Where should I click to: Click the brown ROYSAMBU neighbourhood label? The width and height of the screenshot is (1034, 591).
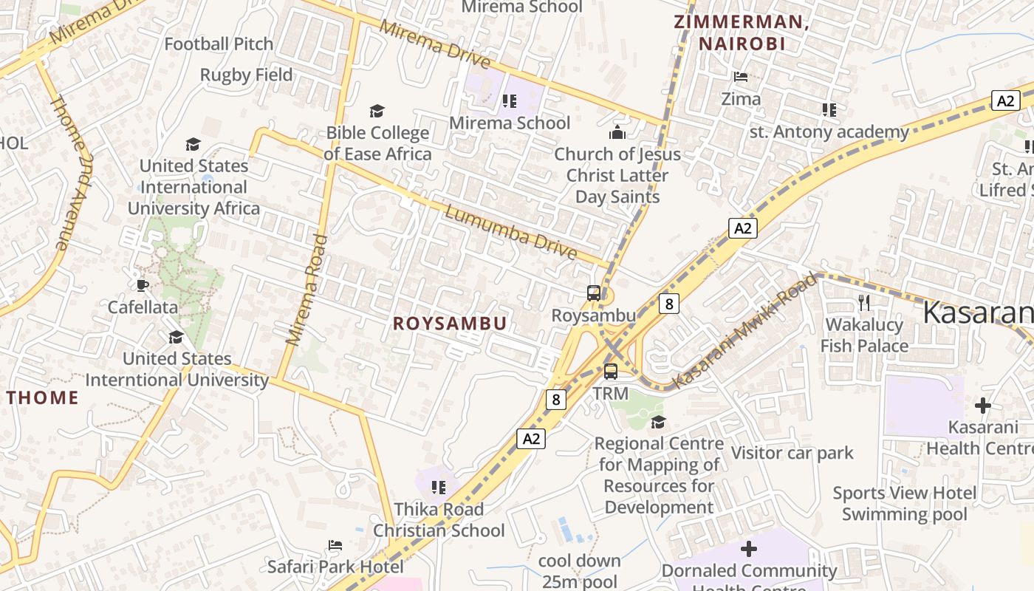click(x=450, y=324)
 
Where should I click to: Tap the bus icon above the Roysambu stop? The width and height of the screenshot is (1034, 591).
click(x=594, y=293)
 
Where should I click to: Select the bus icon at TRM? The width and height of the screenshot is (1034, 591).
click(x=611, y=372)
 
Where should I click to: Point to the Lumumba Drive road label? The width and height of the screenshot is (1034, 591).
click(x=510, y=232)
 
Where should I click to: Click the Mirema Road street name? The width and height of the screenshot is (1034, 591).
click(x=307, y=290)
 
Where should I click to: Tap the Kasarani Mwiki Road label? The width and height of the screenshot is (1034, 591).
click(x=746, y=330)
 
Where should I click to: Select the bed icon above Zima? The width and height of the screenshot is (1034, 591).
click(x=741, y=76)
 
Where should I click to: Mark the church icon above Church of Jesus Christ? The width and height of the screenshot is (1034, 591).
click(x=617, y=132)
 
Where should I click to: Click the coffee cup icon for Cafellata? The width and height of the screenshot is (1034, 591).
click(x=143, y=285)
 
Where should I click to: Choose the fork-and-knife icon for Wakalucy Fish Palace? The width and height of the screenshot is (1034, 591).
click(x=864, y=302)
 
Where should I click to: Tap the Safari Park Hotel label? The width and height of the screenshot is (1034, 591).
click(x=335, y=567)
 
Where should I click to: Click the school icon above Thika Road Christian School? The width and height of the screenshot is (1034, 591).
click(x=439, y=488)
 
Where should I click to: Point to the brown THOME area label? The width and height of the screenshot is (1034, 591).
click(x=43, y=397)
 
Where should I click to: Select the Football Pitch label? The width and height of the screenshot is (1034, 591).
click(x=219, y=44)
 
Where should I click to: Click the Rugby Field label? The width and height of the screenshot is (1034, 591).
click(x=247, y=75)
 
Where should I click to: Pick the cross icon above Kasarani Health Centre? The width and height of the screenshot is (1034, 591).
click(x=983, y=406)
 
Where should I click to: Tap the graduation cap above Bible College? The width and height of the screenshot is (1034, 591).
click(x=377, y=111)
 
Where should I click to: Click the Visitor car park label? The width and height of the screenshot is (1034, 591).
click(x=792, y=453)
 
